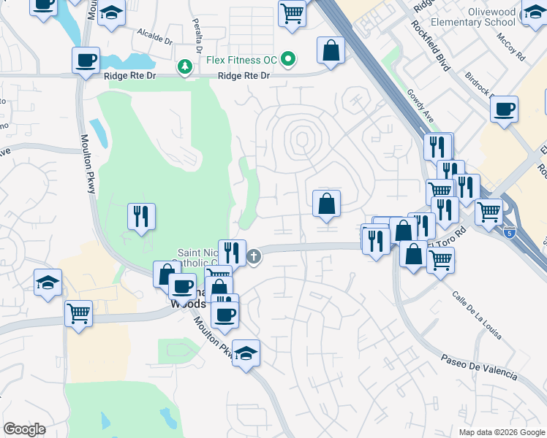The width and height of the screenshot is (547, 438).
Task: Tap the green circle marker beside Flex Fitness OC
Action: (x=290, y=58)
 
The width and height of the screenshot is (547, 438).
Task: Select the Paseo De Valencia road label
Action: (x=479, y=368)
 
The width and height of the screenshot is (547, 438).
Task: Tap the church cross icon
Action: (x=254, y=256)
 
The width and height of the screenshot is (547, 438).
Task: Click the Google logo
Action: (x=24, y=429)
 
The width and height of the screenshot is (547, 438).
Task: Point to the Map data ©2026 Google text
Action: (x=501, y=431)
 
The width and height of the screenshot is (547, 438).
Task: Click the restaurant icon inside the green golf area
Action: (x=140, y=216)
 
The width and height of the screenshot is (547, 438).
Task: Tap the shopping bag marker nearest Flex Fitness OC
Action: (x=331, y=51)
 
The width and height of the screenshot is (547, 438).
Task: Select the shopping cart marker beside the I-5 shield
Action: (x=488, y=212)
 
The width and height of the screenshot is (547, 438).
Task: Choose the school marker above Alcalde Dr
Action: (x=110, y=14)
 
